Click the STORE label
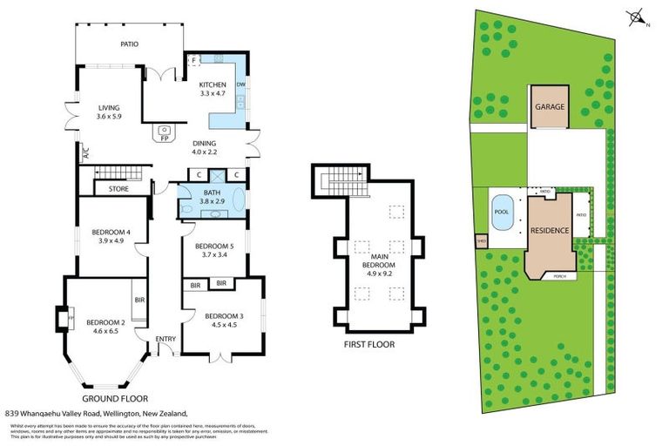tap(118, 188)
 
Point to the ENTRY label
tap(166, 339)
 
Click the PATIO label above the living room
tap(128, 44)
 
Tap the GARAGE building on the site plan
tap(550, 107)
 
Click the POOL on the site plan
tap(501, 212)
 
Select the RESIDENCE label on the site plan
tap(550, 231)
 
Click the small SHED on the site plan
tap(480, 242)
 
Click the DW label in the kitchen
tap(241, 84)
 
